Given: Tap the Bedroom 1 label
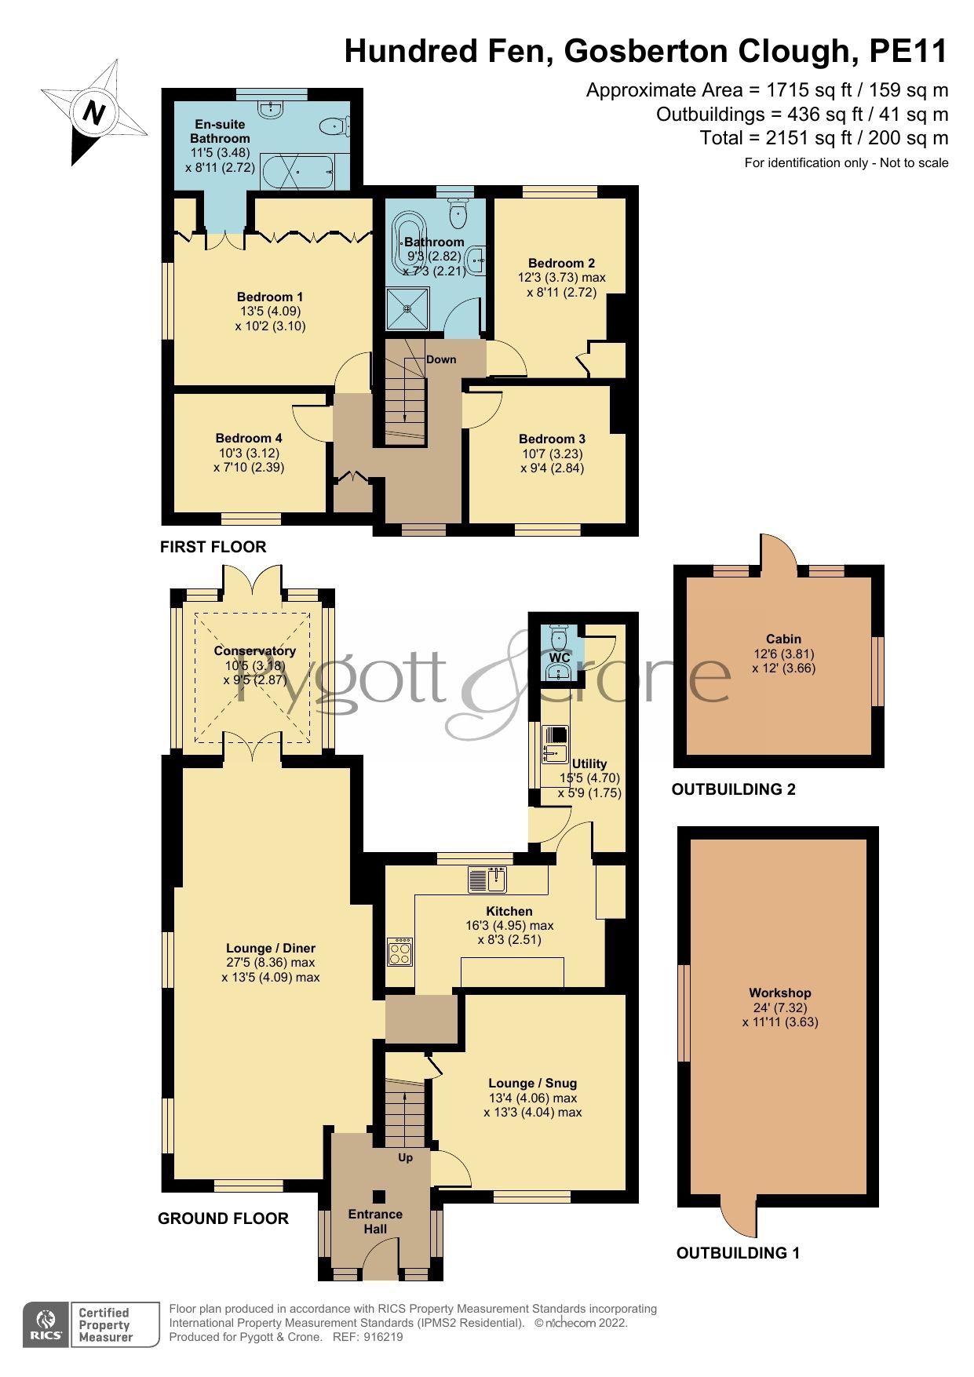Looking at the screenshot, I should click(x=270, y=297).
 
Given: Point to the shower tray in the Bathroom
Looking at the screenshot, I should click(x=407, y=308).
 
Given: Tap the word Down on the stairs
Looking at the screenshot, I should click(x=441, y=359).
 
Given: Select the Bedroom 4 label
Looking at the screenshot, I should click(x=249, y=439).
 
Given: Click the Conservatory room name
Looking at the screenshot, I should click(x=254, y=651).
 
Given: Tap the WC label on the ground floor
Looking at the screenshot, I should click(x=560, y=658).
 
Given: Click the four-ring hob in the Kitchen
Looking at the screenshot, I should click(x=399, y=953).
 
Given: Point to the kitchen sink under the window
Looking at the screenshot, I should click(x=487, y=880).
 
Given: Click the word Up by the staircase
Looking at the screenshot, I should click(x=405, y=1157).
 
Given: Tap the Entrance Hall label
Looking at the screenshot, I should click(x=375, y=1222).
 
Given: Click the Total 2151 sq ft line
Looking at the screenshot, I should click(x=823, y=138).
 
